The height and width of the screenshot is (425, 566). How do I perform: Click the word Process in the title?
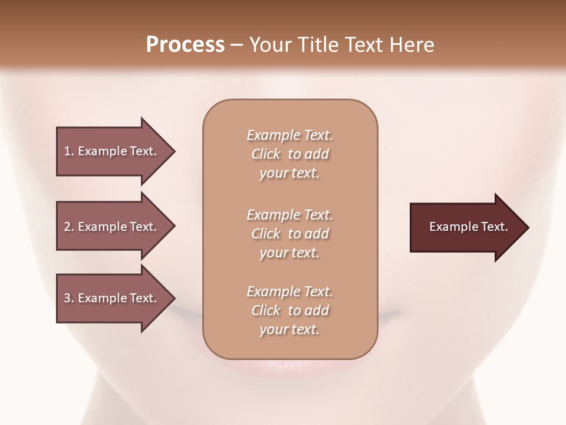185,45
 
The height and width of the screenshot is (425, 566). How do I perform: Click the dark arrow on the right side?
466,227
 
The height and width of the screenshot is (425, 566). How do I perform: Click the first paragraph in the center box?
289,154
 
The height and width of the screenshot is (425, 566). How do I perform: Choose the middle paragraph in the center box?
289,234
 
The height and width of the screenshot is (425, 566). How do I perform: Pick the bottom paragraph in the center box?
289,310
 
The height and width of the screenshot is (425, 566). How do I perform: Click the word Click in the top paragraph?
265,154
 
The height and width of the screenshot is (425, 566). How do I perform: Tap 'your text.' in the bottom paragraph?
289,329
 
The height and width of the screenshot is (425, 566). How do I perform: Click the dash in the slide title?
236,45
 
